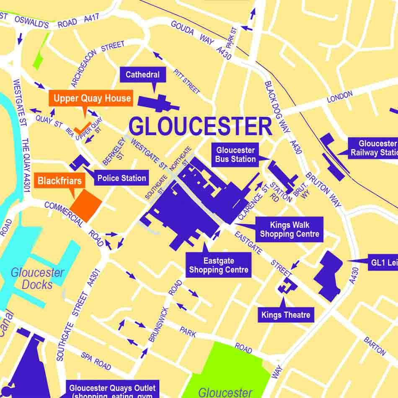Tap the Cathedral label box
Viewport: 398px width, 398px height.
pos(143,75)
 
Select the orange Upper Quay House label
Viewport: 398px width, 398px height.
pos(92,98)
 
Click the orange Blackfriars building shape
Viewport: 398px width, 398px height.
pos(86,205)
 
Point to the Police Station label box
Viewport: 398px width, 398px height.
pos(121,178)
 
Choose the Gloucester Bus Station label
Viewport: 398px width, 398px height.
pos(235,155)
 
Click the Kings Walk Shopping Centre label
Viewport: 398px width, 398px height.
pos(289,230)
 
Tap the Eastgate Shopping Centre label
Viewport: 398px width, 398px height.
pos(219,265)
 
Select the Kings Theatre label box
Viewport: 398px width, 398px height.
pos(286,315)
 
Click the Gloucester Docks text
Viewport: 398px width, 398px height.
pos(37,279)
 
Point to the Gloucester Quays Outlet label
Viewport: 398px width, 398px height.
pos(112,390)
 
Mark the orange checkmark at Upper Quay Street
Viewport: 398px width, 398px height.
pos(82,128)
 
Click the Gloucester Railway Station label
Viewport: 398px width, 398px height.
pos(373,148)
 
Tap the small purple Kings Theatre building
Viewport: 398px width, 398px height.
pos(287,286)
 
